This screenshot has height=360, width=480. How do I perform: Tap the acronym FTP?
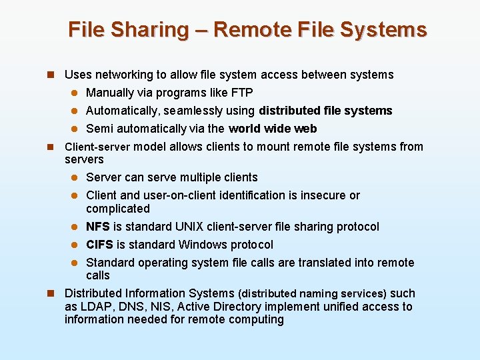241,93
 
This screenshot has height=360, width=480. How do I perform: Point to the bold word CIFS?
100,245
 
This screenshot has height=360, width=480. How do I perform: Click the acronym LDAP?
94,307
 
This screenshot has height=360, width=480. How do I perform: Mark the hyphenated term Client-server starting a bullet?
97,147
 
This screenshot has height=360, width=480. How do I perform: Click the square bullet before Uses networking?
50,75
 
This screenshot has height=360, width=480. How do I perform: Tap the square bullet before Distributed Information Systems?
50,293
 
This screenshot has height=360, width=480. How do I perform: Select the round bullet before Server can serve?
76,177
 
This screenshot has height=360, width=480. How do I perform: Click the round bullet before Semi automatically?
76,129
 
